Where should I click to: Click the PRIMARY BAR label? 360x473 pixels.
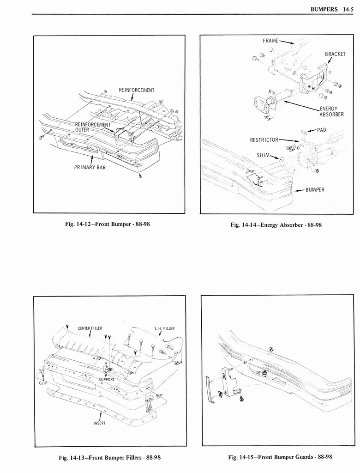coord(90,167)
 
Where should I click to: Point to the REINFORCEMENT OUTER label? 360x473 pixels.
coord(93,127)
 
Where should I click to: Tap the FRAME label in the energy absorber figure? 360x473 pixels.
coord(270,41)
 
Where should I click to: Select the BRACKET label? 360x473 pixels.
coord(335,54)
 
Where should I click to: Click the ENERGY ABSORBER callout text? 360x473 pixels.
coord(331,112)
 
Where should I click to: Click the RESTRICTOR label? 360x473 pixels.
coord(264,140)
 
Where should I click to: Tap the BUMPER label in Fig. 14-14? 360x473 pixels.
coord(315,190)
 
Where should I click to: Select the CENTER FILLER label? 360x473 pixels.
coord(90,328)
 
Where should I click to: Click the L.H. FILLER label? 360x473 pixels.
coord(164,329)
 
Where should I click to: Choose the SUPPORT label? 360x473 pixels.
coord(107,379)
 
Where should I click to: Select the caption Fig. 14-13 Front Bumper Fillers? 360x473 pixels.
coord(110,458)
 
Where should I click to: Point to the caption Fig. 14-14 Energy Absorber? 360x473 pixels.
coord(276,225)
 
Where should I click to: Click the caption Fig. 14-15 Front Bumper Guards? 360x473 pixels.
coord(280,457)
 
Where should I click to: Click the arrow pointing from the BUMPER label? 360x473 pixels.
coord(299,190)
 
